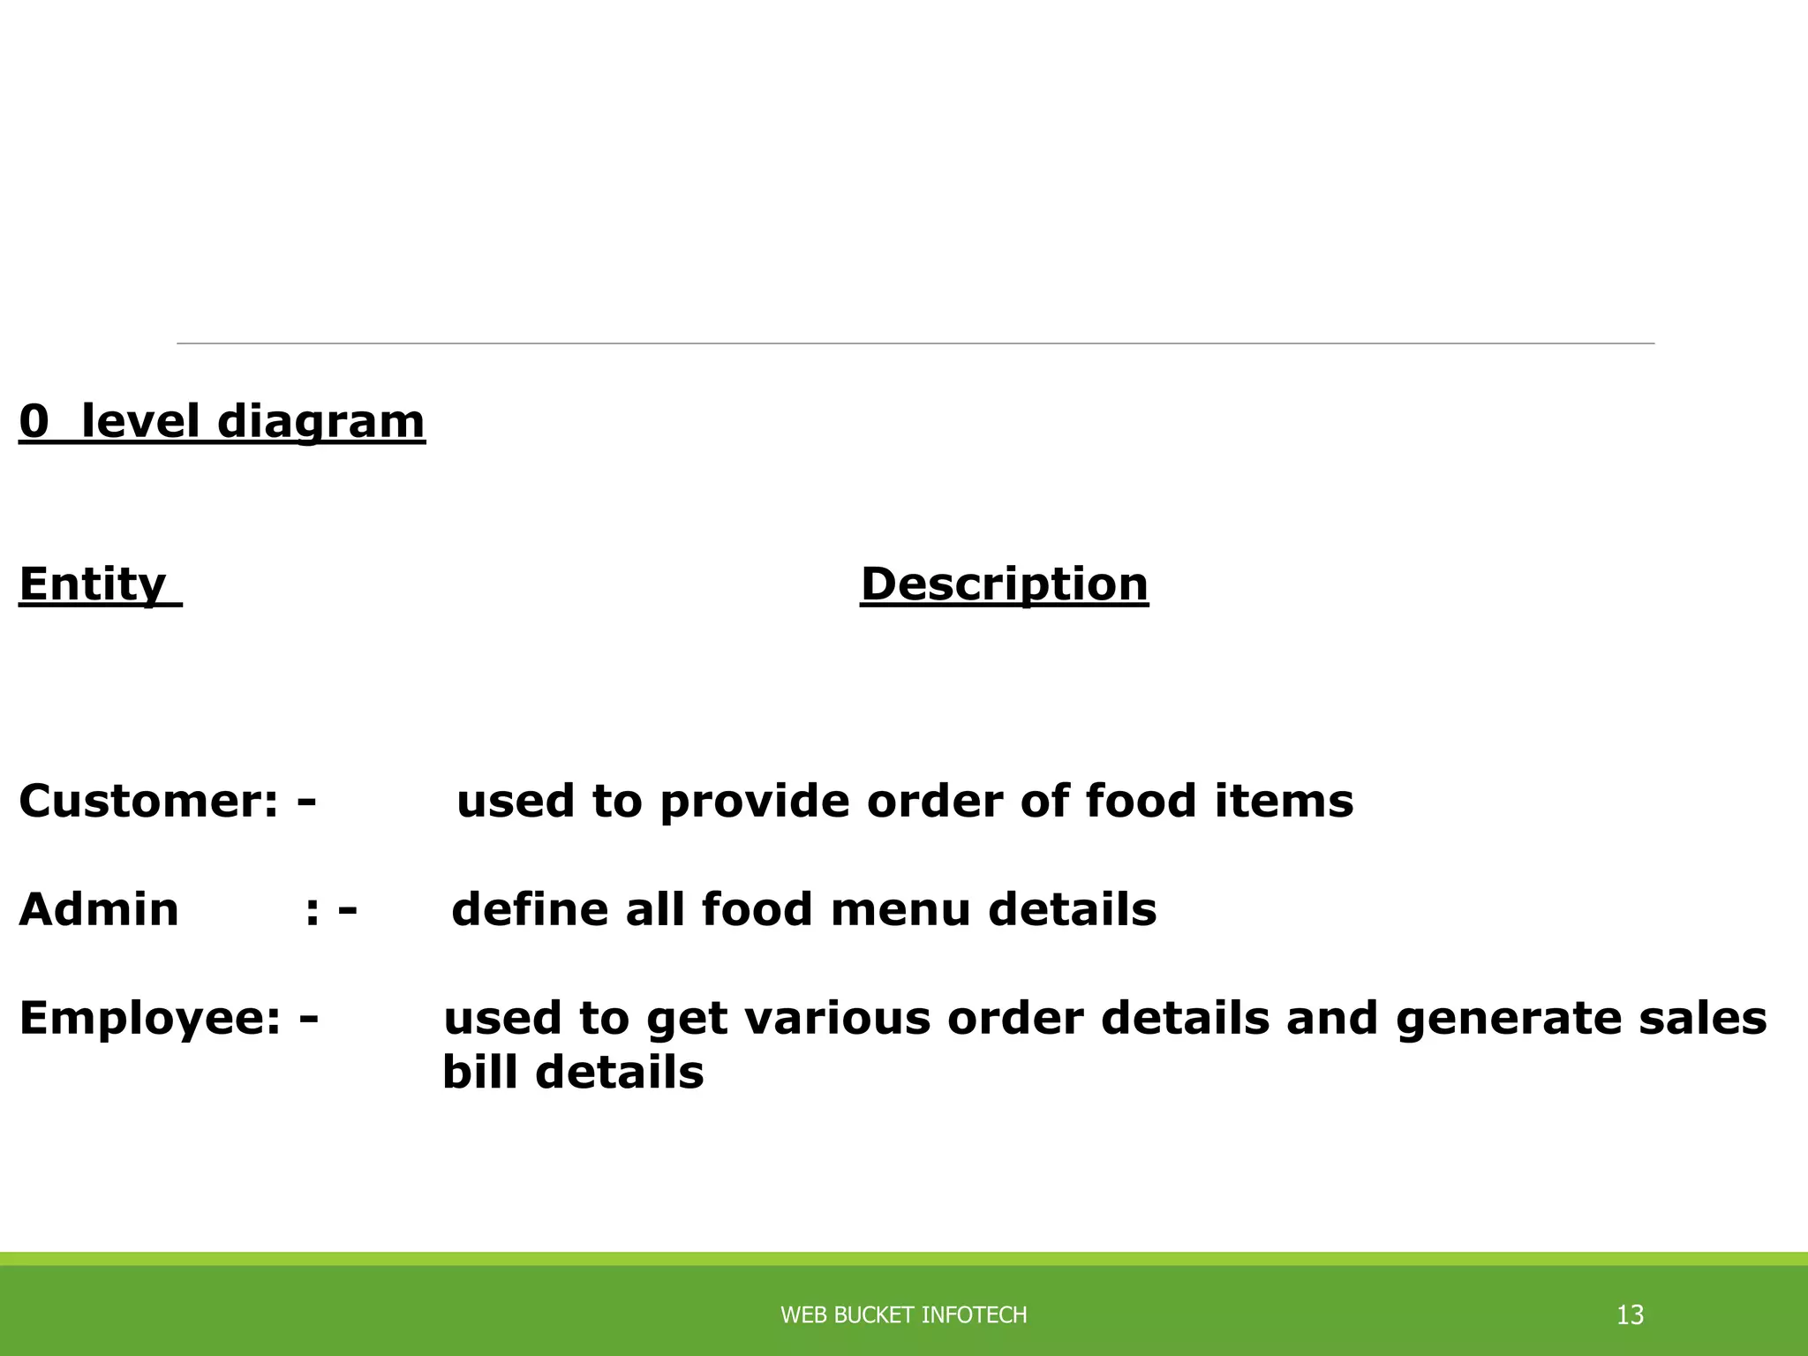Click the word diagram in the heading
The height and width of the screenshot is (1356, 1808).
pos(320,421)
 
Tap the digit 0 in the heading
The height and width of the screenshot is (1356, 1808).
pos(34,421)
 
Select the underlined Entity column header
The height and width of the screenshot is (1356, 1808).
pos(93,584)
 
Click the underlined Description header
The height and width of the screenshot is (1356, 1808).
pos(1004,584)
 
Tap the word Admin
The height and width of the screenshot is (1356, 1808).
pos(99,910)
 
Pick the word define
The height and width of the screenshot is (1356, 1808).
pos(530,910)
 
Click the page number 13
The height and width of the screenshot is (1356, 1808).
pos(1630,1315)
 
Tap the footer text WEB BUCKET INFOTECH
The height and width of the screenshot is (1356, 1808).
pos(903,1315)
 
